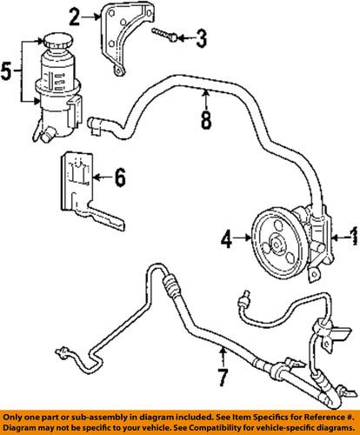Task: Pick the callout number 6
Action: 120,179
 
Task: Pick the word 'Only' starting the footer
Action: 13,415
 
